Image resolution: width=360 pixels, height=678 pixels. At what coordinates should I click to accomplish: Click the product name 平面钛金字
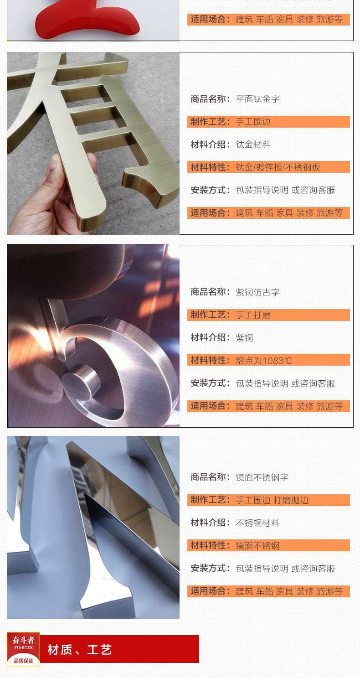click(x=257, y=98)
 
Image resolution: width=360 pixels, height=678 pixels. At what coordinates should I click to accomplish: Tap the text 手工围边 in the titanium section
click(x=253, y=122)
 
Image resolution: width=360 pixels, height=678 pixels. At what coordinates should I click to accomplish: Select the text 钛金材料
click(x=253, y=145)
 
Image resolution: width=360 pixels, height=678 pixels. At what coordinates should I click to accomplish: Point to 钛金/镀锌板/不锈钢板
click(x=278, y=167)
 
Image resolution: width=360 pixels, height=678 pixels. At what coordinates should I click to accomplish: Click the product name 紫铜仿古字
click(x=257, y=292)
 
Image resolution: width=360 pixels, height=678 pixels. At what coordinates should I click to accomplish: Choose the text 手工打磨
click(x=253, y=315)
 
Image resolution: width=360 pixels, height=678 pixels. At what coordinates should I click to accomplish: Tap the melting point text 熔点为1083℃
click(x=263, y=361)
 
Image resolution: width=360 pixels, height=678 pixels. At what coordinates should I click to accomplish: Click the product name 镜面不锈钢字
click(x=262, y=477)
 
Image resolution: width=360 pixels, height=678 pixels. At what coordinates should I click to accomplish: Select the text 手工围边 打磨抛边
click(x=272, y=500)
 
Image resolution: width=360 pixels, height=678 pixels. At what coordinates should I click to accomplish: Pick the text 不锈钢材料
click(x=257, y=523)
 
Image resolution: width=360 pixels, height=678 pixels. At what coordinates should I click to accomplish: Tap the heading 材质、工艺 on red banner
click(x=80, y=650)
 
